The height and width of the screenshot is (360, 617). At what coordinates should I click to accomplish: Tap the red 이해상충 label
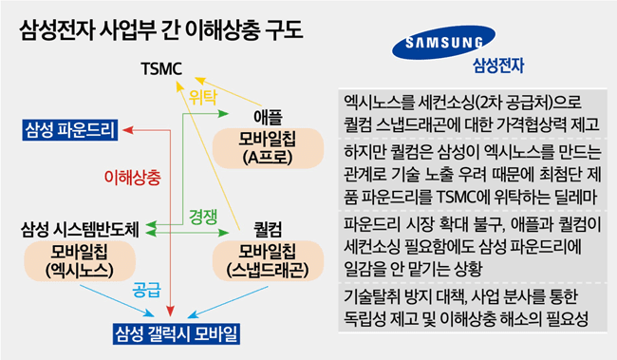coord(131,178)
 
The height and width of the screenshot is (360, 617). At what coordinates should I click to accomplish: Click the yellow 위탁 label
coord(203,97)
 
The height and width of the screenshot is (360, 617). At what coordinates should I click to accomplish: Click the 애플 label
coord(269,117)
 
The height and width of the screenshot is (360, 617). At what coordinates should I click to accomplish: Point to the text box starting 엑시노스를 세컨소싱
coord(469,111)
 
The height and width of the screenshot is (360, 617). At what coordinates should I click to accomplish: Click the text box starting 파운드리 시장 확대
coord(469,245)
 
